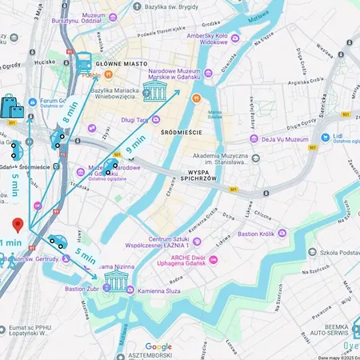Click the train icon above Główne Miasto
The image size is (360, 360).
pos(83,61)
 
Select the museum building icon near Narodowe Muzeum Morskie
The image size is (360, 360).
pos(155,90)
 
